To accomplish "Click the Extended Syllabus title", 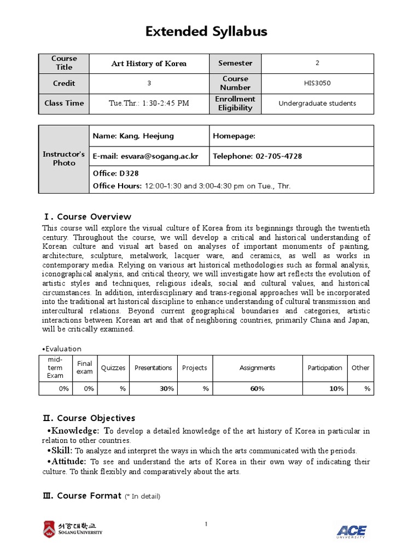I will [206, 32].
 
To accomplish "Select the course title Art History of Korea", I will [149, 63].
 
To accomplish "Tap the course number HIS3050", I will [317, 83].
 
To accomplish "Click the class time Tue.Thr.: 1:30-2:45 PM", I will [149, 103].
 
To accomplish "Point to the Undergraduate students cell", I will [317, 103].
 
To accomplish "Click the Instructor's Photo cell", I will [64, 159].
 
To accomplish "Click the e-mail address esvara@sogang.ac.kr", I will [145, 156].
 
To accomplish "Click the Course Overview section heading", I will [87, 217].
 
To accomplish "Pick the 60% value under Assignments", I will [257, 388].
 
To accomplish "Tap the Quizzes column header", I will [114, 367].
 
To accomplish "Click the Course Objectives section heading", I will [89, 418].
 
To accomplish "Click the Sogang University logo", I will [72, 529].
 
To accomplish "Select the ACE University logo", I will [351, 530].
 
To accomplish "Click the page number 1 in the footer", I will [206, 525].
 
